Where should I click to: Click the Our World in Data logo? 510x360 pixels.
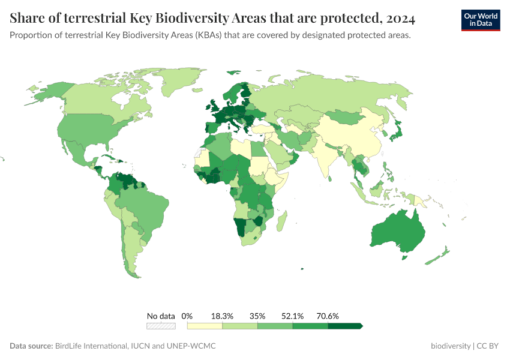pyautogui.click(x=480, y=20)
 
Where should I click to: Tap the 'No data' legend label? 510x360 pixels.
pyautogui.click(x=161, y=316)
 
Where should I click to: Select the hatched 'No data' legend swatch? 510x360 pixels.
pyautogui.click(x=161, y=326)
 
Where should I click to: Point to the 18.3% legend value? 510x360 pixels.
pyautogui.click(x=223, y=316)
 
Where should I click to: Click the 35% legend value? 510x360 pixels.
pyautogui.click(x=257, y=316)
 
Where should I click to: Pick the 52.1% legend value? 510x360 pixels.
pyautogui.click(x=293, y=316)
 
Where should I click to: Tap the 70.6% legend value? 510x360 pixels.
pyautogui.click(x=328, y=316)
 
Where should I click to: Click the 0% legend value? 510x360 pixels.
pyautogui.click(x=187, y=316)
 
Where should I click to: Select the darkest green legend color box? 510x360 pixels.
pyautogui.click(x=345, y=326)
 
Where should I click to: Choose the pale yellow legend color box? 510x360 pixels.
pyautogui.click(x=205, y=326)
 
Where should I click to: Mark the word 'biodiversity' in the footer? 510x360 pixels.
pyautogui.click(x=451, y=346)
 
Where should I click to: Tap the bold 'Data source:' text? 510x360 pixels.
pyautogui.click(x=31, y=346)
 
